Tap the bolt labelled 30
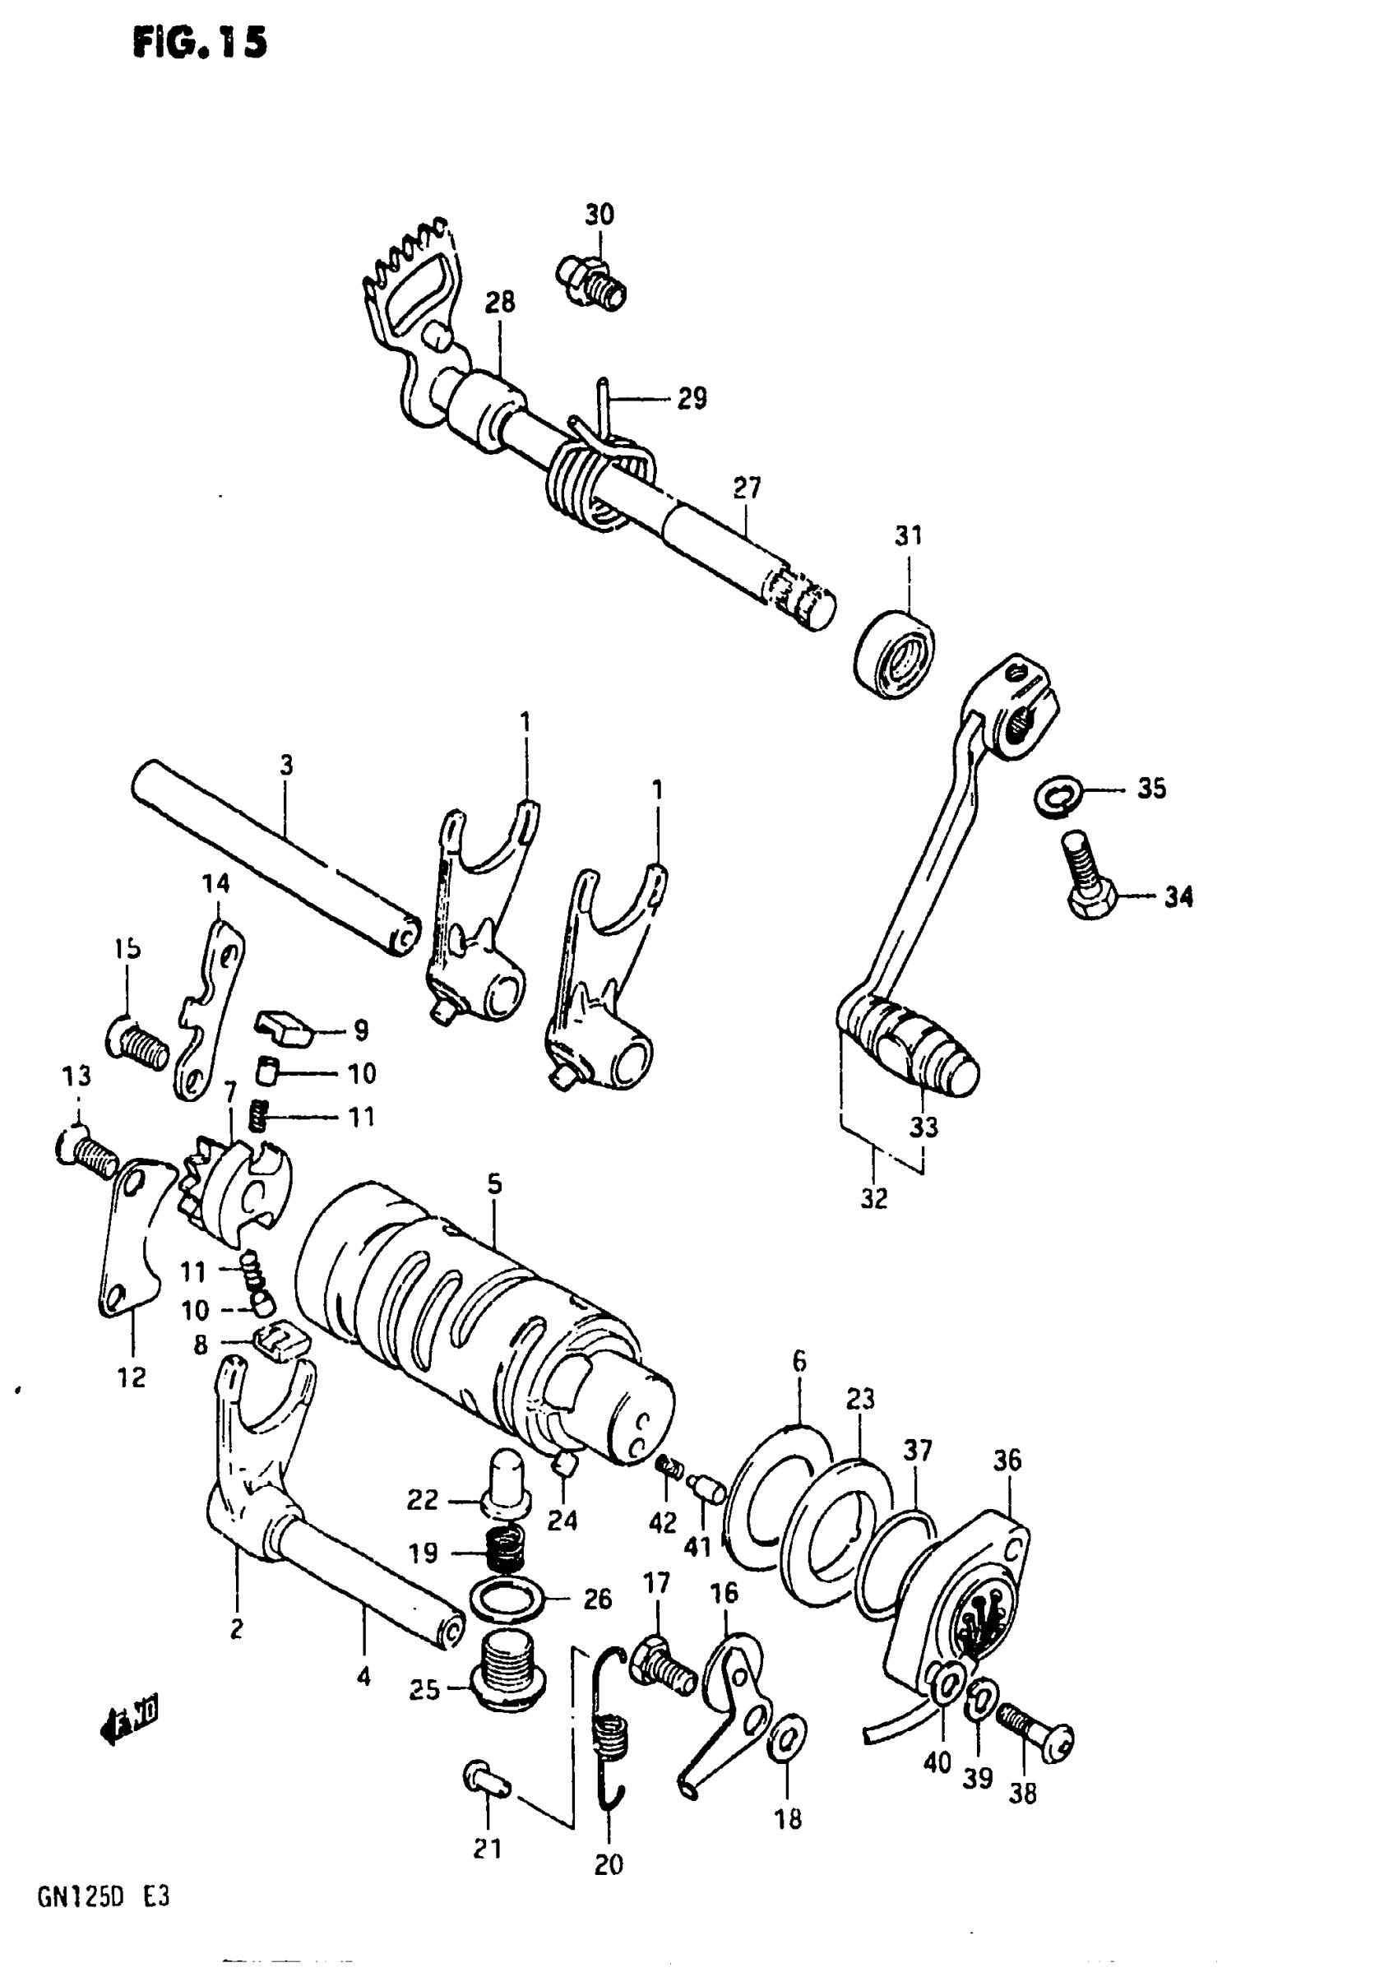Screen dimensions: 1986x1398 [x=591, y=280]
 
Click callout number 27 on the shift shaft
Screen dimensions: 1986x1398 [x=747, y=488]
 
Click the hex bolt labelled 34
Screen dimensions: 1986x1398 [x=1086, y=879]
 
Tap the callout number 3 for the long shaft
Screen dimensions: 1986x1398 [x=286, y=766]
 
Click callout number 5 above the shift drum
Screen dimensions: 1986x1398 [x=494, y=1184]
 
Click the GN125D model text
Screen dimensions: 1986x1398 [x=81, y=1898]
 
